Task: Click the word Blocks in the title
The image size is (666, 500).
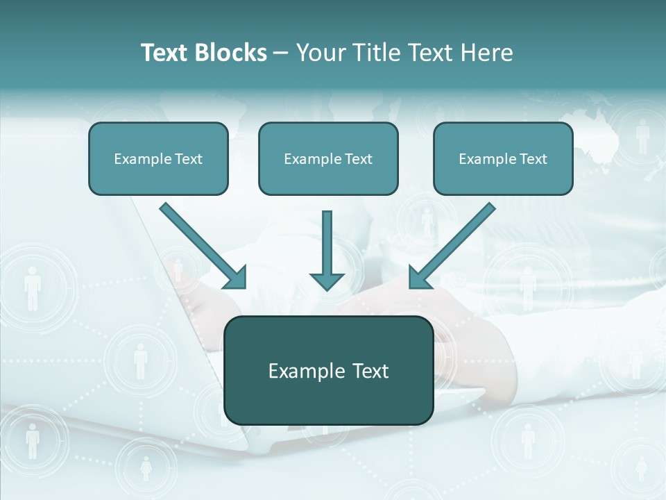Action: click(x=230, y=53)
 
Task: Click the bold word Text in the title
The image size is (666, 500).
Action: click(x=165, y=53)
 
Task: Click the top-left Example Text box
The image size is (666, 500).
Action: click(x=158, y=158)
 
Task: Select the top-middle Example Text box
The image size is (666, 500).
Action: click(x=328, y=158)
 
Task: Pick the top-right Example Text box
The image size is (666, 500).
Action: click(x=503, y=158)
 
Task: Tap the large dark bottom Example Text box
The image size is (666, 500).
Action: click(x=329, y=370)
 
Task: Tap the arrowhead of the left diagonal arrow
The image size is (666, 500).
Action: click(x=237, y=278)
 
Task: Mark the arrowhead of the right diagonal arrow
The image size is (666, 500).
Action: click(x=419, y=278)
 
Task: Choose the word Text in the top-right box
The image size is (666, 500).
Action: click(x=533, y=159)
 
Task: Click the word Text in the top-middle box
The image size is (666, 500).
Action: click(x=358, y=159)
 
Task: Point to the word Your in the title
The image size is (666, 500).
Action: click(x=321, y=53)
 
